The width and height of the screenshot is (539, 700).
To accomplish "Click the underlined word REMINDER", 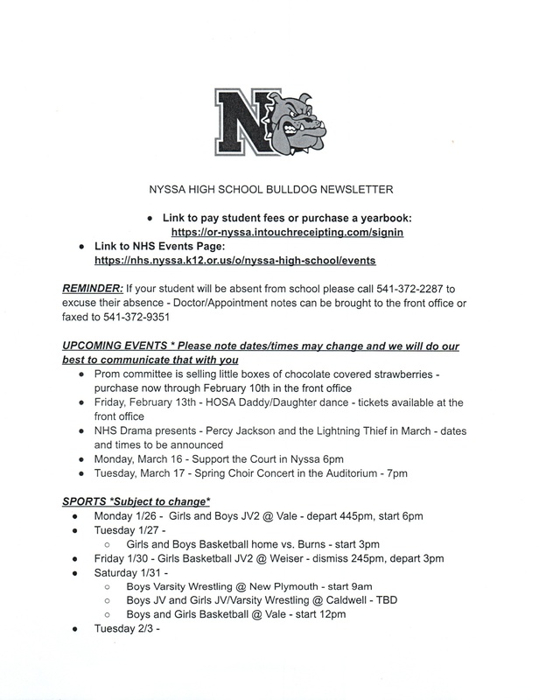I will click(92, 289).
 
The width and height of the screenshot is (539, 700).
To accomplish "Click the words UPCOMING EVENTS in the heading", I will click(115, 346).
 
